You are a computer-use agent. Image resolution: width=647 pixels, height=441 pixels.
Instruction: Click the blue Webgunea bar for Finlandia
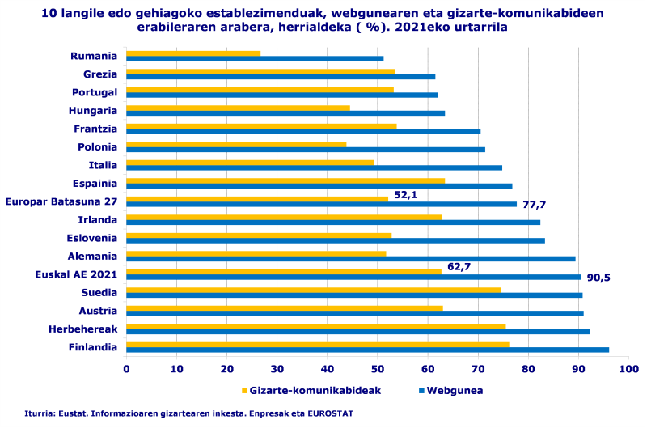367,350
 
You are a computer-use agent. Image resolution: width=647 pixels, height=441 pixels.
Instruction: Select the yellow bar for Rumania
193,53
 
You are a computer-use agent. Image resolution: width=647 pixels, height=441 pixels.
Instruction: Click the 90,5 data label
598,278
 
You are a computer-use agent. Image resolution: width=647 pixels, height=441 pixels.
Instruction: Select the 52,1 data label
404,194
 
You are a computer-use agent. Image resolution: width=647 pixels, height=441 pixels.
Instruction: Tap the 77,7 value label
533,206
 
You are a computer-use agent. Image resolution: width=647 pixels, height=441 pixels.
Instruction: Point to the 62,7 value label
459,266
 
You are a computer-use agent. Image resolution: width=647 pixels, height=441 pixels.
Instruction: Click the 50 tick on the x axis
378,369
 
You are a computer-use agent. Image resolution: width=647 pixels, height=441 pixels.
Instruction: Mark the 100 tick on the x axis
628,369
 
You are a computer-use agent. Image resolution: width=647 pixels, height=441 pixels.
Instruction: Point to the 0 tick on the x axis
126,369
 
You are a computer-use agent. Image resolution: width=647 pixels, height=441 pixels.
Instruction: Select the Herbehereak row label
82,329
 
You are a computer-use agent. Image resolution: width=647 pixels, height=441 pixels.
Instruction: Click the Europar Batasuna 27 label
61,201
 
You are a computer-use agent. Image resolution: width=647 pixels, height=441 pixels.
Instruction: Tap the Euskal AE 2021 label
76,274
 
